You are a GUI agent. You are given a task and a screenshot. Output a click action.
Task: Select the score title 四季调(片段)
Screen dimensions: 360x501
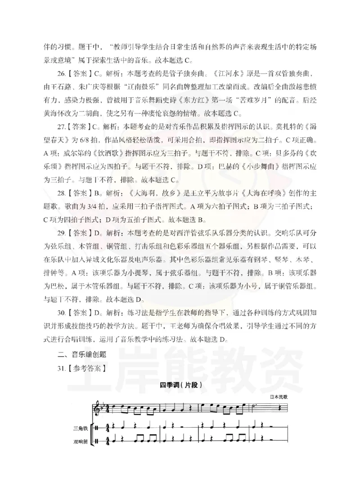(x=179, y=385)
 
